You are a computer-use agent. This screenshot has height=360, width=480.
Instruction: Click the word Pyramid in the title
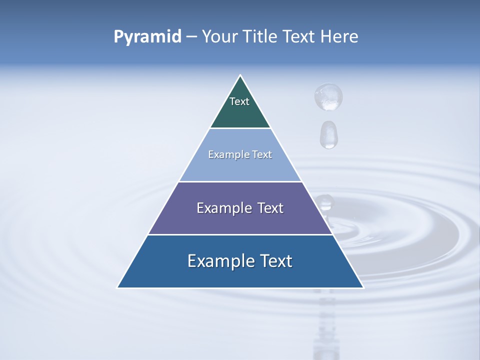pyautogui.click(x=147, y=37)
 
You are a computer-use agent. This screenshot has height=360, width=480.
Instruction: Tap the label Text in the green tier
pyautogui.click(x=239, y=101)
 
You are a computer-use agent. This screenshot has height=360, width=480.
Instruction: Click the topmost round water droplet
pyautogui.click(x=328, y=96)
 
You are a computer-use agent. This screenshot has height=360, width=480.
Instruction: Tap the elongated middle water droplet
pyautogui.click(x=328, y=134)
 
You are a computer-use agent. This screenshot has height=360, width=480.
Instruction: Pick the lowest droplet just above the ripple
pyautogui.click(x=325, y=202)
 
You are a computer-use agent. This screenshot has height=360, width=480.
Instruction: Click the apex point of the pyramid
pyautogui.click(x=240, y=75)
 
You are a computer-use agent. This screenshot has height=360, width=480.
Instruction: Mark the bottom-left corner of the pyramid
pyautogui.click(x=117, y=287)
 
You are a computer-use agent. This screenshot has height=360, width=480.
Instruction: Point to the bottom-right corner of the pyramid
pyautogui.click(x=363, y=287)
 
